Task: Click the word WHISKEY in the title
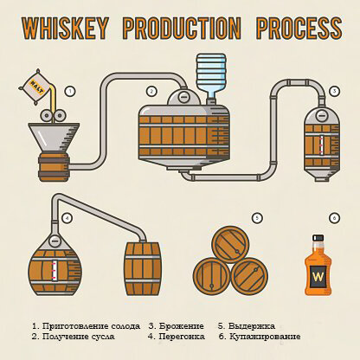click(x=65, y=29)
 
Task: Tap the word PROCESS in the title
click(x=299, y=29)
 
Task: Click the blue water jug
click(x=211, y=75)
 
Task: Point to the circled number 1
click(x=70, y=92)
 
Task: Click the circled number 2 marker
click(x=151, y=92)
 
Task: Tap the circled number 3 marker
click(x=334, y=91)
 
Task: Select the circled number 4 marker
click(x=67, y=218)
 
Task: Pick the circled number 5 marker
click(x=257, y=218)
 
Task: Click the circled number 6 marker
click(x=334, y=218)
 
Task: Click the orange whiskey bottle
click(x=318, y=265)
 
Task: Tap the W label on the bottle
click(x=318, y=277)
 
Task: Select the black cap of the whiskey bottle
click(x=318, y=238)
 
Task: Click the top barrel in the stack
click(x=230, y=244)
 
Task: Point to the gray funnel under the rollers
click(x=54, y=137)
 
